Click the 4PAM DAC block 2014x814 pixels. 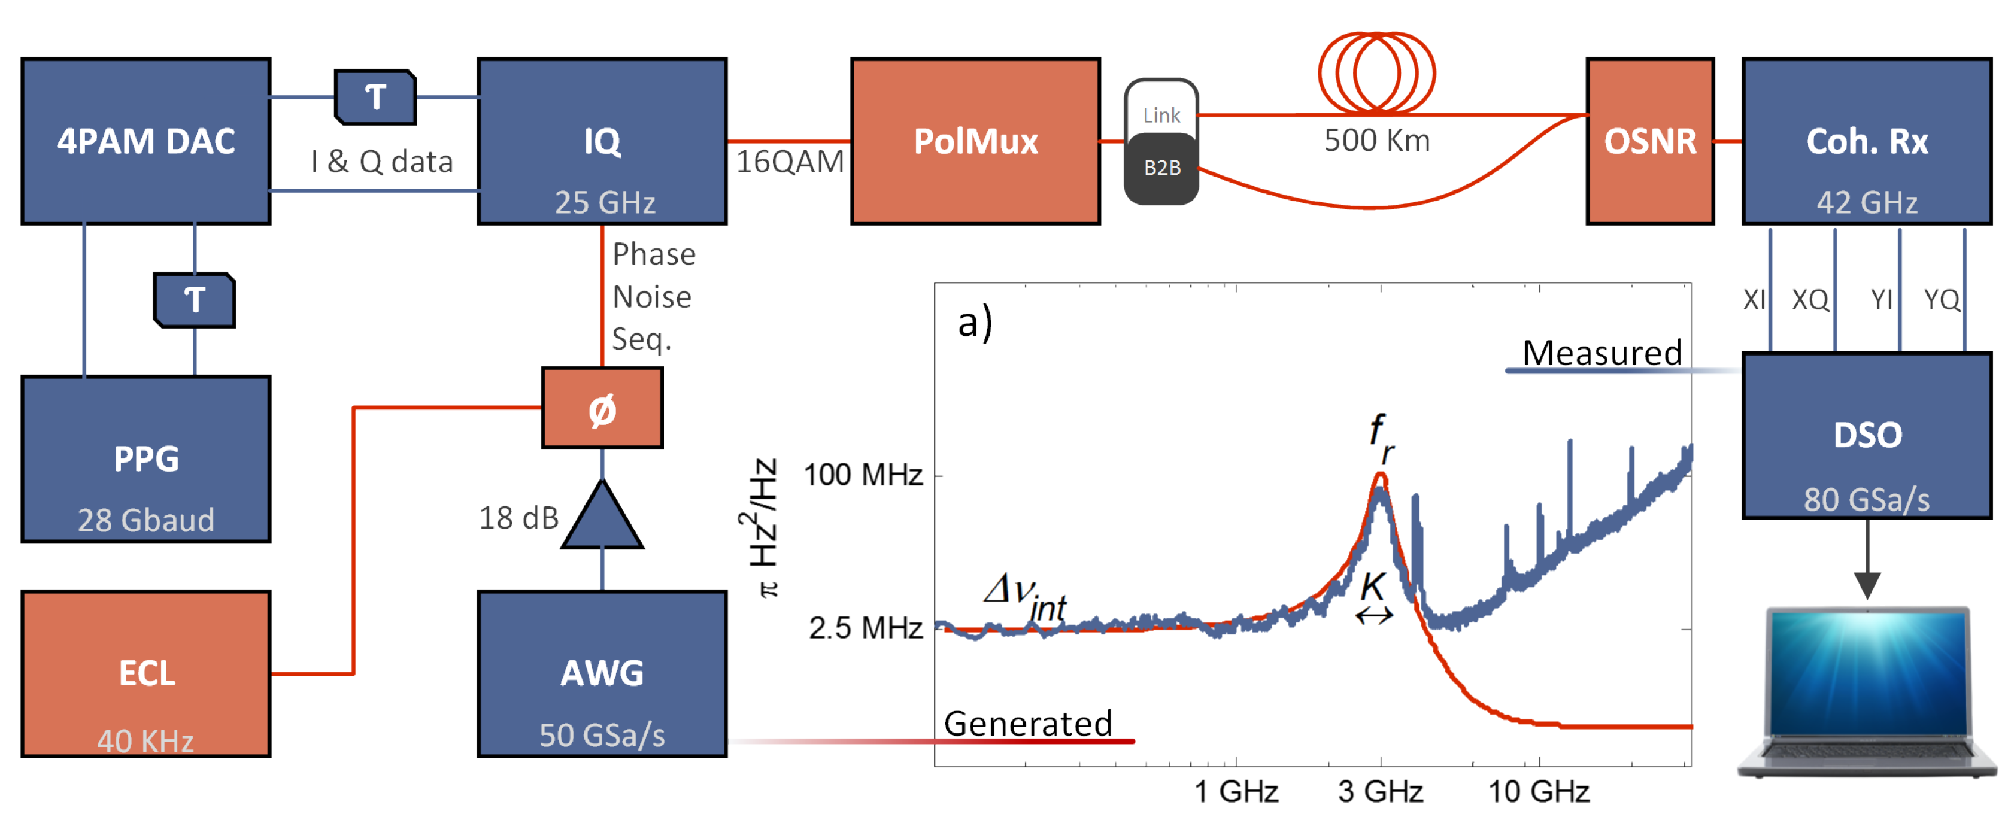146,141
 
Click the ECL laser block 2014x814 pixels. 146,673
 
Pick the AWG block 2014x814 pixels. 602,673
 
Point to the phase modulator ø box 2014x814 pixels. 602,408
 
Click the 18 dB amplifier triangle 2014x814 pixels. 602,520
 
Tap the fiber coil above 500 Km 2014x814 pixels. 1376,72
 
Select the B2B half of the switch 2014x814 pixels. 1162,168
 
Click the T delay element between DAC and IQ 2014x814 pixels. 375,97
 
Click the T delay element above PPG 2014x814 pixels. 195,299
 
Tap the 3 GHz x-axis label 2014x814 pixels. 1380,791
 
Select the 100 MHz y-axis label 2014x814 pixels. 863,475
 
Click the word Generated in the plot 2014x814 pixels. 1027,723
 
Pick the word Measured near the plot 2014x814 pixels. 1602,353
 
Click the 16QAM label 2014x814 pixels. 790,162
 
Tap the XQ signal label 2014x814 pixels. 1810,299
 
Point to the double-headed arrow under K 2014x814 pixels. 1373,616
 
